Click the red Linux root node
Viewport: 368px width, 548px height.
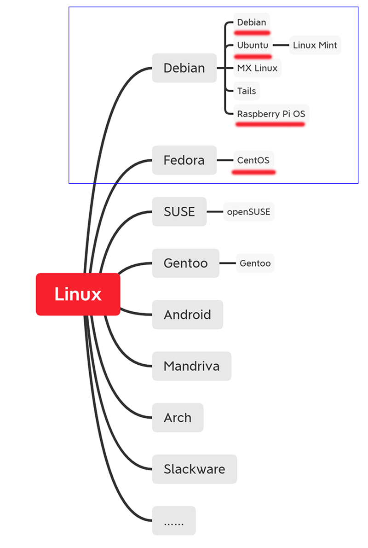click(x=78, y=294)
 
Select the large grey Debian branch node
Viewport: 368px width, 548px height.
click(x=184, y=68)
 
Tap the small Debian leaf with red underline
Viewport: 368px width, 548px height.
click(x=252, y=22)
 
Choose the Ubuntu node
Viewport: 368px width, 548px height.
click(x=253, y=45)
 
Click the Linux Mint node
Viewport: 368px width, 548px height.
click(x=315, y=45)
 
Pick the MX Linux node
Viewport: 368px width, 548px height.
click(x=257, y=68)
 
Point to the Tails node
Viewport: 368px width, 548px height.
click(x=247, y=91)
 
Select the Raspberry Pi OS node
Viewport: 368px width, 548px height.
click(x=271, y=114)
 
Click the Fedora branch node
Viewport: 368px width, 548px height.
click(x=184, y=160)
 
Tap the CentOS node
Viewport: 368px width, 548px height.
click(x=253, y=160)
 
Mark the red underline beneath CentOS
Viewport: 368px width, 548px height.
click(x=253, y=172)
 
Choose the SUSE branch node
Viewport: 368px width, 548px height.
click(x=179, y=212)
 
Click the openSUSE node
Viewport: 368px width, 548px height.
click(x=248, y=212)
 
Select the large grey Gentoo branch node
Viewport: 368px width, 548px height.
click(x=185, y=263)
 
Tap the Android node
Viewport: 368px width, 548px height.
click(x=187, y=315)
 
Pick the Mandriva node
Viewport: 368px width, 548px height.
click(x=191, y=367)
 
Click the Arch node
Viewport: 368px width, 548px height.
click(x=178, y=418)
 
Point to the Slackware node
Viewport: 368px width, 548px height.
click(x=194, y=469)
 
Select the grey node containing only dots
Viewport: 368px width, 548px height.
click(x=173, y=521)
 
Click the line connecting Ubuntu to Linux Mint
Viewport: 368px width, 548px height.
click(x=281, y=45)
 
